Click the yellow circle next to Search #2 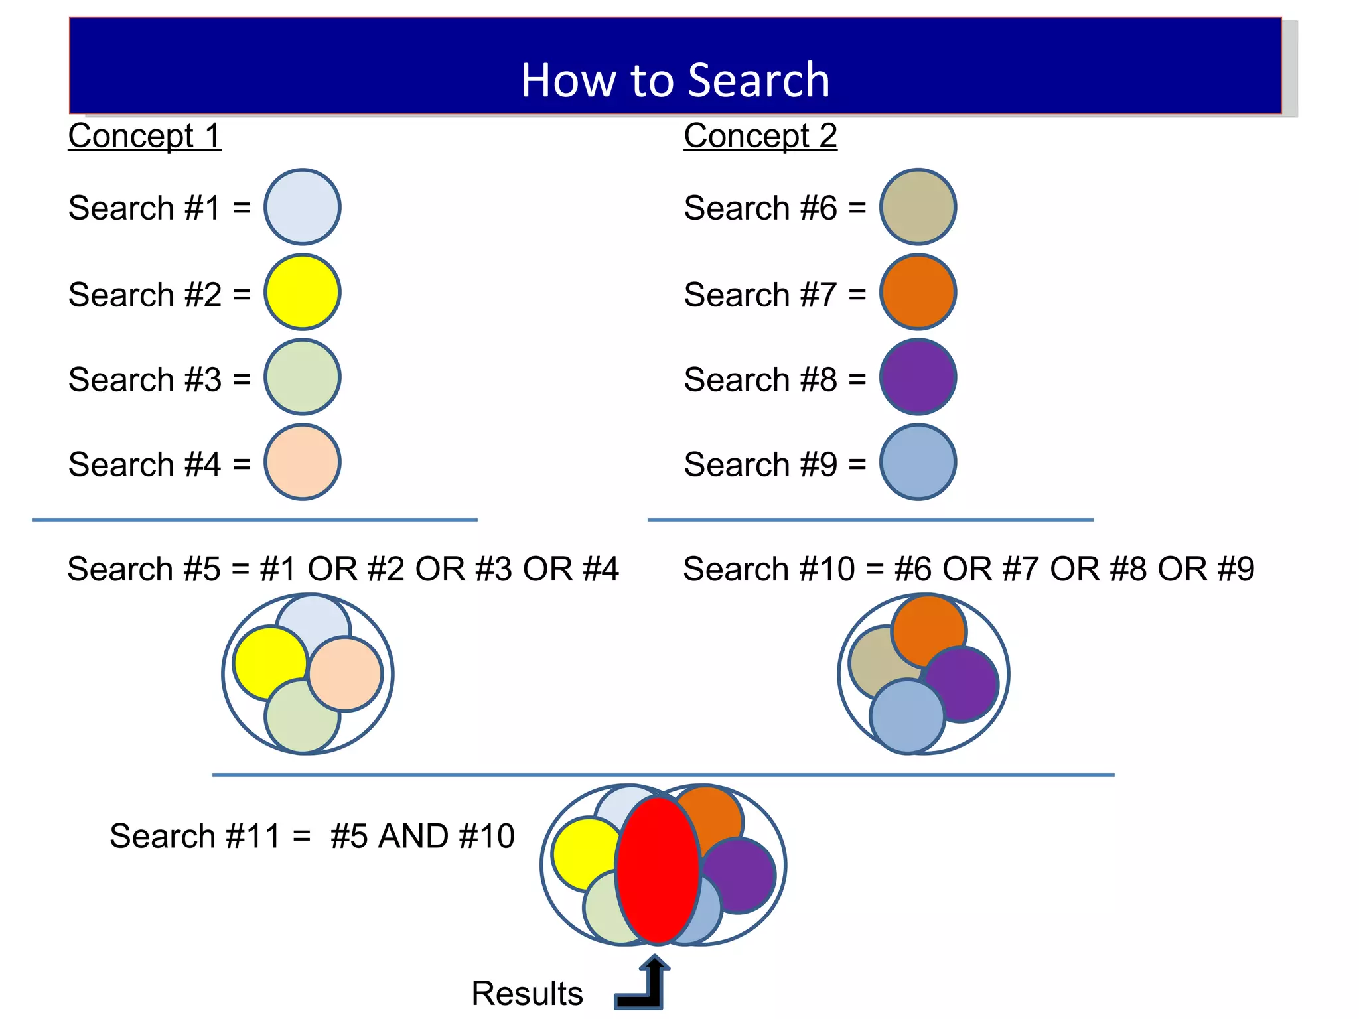point(303,292)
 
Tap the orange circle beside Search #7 point(918,292)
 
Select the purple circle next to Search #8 point(918,377)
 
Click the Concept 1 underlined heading point(145,136)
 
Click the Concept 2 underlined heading point(760,136)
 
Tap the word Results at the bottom point(527,993)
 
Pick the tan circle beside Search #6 point(918,207)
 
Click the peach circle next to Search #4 point(303,462)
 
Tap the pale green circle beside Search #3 point(303,377)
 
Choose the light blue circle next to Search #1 point(303,207)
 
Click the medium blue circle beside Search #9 point(918,462)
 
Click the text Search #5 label point(144,569)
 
